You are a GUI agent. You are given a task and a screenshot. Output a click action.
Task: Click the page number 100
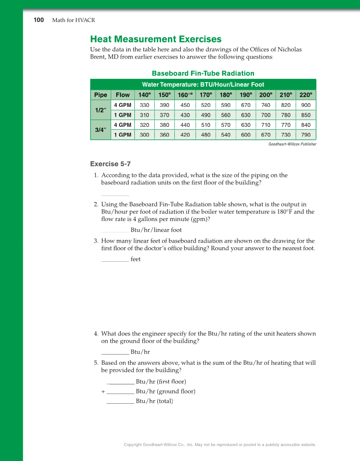click(39, 20)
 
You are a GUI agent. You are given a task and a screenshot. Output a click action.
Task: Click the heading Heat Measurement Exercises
click(156, 39)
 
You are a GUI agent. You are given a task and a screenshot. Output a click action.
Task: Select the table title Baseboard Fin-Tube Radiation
click(203, 73)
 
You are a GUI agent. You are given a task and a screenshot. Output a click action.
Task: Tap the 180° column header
click(226, 95)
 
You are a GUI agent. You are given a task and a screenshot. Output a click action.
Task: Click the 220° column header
click(306, 95)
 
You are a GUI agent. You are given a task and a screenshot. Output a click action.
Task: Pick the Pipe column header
click(100, 95)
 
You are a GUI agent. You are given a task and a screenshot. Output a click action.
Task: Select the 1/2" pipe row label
click(100, 110)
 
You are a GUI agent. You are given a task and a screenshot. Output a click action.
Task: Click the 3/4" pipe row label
click(100, 130)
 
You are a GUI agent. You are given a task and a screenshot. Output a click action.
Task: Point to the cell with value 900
click(306, 105)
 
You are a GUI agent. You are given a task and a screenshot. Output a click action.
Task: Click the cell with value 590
click(226, 105)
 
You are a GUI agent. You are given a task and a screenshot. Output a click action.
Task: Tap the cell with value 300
click(145, 135)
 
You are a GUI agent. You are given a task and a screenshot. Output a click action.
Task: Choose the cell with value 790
click(306, 135)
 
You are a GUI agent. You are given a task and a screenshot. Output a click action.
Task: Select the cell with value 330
click(145, 105)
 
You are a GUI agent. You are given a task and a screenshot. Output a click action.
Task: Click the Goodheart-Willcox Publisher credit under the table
click(292, 144)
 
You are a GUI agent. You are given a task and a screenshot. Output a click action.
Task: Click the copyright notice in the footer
click(220, 444)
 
